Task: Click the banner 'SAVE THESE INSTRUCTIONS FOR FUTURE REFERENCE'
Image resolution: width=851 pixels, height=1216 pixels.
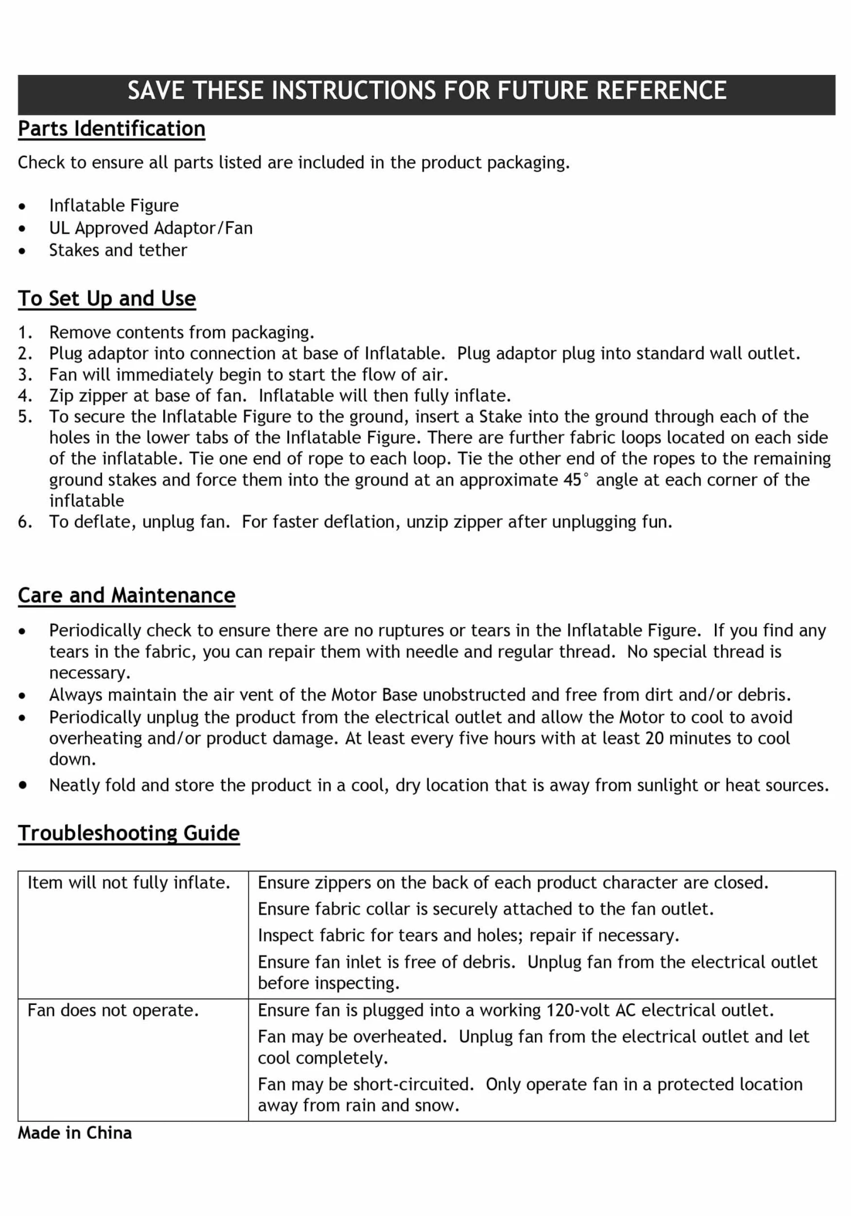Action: coord(427,91)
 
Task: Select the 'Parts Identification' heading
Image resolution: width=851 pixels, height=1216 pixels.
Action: coord(111,129)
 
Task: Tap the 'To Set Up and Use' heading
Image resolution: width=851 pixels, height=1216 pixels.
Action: coord(107,298)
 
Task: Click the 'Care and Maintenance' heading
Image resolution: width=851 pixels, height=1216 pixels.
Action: coord(127,595)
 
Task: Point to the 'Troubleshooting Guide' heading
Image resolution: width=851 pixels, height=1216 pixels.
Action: coord(129,833)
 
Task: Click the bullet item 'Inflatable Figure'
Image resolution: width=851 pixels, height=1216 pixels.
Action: coord(113,205)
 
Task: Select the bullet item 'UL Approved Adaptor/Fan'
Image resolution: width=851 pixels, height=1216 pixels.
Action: coord(150,228)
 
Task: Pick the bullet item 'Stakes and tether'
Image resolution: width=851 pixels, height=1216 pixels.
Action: coord(118,250)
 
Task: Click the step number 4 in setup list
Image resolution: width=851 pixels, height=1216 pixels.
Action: coord(24,395)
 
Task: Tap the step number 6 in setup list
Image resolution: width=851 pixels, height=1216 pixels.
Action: coord(24,522)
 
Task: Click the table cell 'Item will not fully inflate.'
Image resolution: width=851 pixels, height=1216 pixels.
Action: coord(129,883)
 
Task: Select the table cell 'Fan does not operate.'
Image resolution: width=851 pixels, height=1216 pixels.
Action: coord(113,1011)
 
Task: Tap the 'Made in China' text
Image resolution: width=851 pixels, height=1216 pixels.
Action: coord(74,1133)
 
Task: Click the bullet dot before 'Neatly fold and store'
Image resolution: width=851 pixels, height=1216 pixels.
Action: coord(22,785)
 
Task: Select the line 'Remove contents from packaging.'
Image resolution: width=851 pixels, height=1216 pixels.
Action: coord(182,333)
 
